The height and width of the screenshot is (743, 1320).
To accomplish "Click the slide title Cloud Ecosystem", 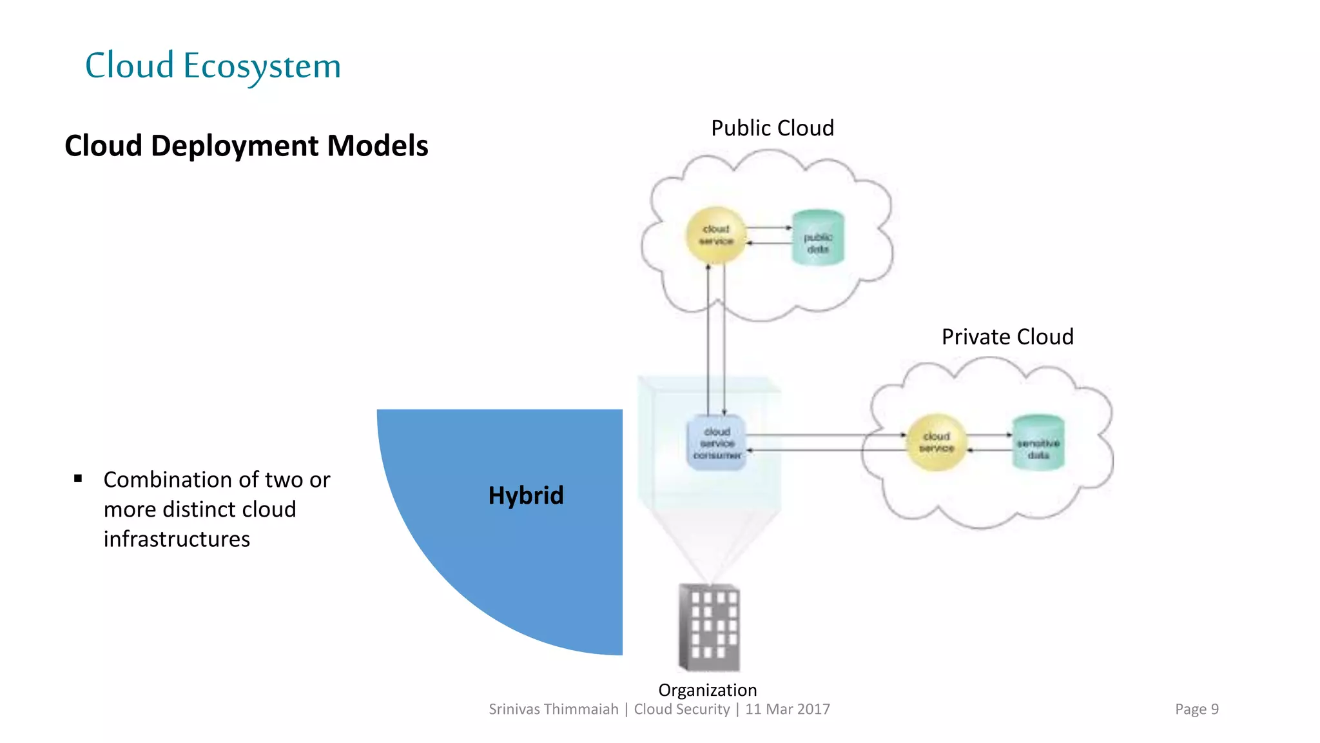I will pos(213,66).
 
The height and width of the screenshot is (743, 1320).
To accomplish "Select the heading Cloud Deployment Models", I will pos(246,146).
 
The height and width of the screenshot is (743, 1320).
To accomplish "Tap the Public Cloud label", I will pos(772,128).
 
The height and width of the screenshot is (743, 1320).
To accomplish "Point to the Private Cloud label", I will pos(1007,337).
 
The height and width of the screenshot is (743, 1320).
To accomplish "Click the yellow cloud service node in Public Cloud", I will pos(716,235).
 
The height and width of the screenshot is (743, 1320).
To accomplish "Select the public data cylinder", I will pos(818,238).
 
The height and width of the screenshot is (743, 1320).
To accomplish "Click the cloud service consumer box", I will pos(717,443).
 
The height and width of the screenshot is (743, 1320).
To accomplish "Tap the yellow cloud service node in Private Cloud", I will pos(936,442).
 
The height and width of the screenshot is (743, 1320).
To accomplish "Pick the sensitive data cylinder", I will pos(1038,444).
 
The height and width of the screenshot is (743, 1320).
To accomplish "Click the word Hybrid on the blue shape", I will pos(526,495).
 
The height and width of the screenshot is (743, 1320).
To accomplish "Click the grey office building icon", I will pos(709,628).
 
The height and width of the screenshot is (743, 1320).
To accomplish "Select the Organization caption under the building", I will pos(707,690).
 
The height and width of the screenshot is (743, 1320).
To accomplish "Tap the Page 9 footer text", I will pos(1196,709).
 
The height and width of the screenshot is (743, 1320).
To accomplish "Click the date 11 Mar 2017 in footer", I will pos(788,709).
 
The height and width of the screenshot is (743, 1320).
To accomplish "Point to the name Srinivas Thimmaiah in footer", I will pos(553,709).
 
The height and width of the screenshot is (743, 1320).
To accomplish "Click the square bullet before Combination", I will pos(78,479).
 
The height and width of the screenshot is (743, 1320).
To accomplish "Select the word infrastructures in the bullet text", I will pos(177,539).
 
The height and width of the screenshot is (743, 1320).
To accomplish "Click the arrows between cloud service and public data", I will pos(768,235).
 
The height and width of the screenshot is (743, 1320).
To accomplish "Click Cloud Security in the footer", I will pos(681,709).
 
